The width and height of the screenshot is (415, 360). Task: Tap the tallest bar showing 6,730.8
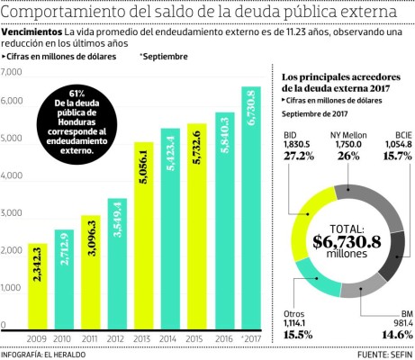pos(250,208)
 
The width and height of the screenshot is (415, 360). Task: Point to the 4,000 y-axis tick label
pos(13,177)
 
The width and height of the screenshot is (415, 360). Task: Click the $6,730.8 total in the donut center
pos(347,241)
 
